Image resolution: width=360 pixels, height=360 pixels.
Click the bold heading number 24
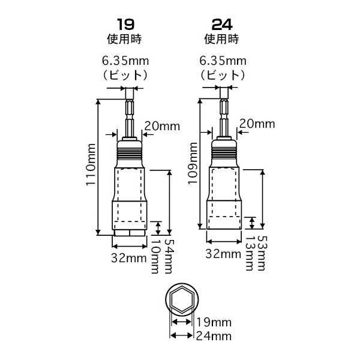tap(221, 26)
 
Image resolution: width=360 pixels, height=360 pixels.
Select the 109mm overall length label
tap(192, 161)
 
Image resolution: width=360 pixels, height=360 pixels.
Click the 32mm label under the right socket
tap(224, 254)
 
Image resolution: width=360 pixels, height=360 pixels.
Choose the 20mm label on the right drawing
tap(256, 123)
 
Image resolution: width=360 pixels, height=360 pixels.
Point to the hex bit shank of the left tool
tap(128, 114)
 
